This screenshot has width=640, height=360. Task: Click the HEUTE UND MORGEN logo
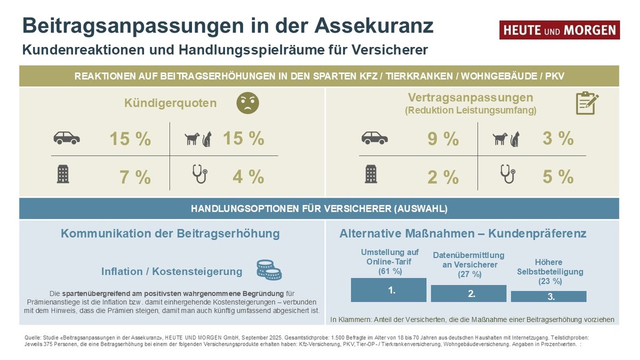pos(559,30)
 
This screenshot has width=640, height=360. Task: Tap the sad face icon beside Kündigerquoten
pos(247,103)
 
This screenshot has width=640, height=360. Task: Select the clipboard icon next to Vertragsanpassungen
pos(587,103)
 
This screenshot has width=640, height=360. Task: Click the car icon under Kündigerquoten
pos(67,139)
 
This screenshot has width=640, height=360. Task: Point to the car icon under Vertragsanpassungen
pos(374,139)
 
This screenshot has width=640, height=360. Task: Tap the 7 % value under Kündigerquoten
pos(135,177)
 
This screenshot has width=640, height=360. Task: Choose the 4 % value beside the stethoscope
pos(248,177)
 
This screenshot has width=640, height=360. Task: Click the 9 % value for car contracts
pos(443,139)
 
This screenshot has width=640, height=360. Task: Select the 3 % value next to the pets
pos(558,139)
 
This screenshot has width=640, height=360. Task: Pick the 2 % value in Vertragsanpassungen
pos(443,177)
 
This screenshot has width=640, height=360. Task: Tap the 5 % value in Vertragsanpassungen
pos(558,177)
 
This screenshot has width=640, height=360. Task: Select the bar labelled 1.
pos(388,290)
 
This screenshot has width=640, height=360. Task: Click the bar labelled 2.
pos(468,293)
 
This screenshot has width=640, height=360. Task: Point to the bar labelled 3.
pos(548,297)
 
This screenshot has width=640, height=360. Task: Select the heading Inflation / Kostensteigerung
pos(172,271)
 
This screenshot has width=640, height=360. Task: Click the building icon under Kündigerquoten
pos(63,174)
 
